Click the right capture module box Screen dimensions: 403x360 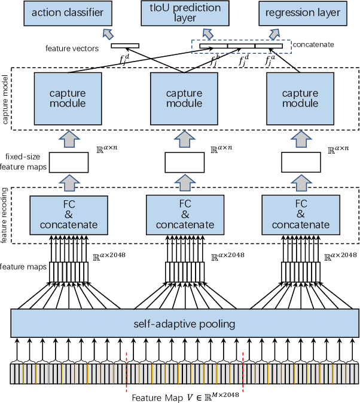tap(300, 99)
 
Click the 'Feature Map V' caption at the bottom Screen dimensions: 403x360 tap(185, 395)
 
